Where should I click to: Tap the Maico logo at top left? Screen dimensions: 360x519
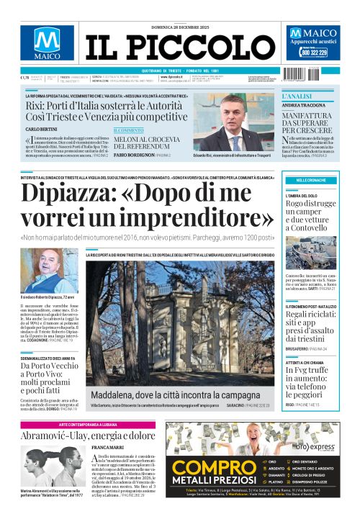(x=46, y=45)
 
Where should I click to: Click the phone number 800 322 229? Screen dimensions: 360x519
(x=314, y=53)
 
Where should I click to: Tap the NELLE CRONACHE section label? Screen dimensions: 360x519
(x=310, y=180)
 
